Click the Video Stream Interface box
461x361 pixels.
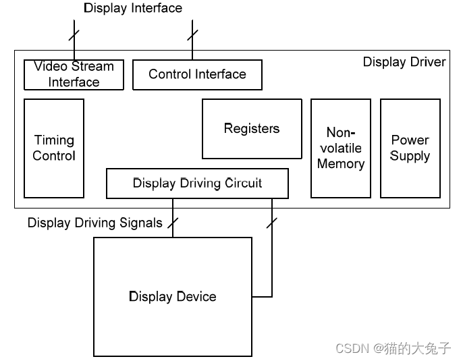click(x=74, y=74)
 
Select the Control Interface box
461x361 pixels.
click(x=197, y=74)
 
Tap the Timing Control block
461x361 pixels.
click(x=54, y=148)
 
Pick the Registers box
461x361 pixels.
click(x=252, y=128)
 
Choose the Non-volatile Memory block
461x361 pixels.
click(x=340, y=148)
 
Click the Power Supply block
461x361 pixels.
click(x=410, y=148)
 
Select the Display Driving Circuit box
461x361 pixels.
click(x=197, y=183)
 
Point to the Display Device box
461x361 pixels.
click(x=172, y=297)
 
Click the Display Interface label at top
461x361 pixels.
click(x=133, y=9)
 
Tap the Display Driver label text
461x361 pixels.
click(x=404, y=62)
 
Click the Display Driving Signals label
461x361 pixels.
click(x=94, y=223)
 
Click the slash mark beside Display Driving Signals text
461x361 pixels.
click(x=173, y=222)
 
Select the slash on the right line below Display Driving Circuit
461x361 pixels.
click(x=272, y=221)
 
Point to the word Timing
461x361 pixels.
click(x=54, y=140)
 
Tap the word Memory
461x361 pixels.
click(x=340, y=164)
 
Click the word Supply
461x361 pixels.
click(x=410, y=156)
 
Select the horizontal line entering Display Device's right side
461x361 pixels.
click(x=262, y=297)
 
